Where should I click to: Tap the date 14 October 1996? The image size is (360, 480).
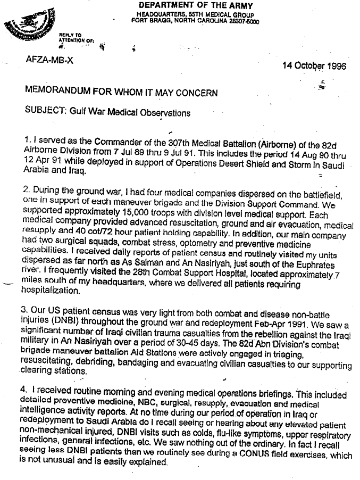314,67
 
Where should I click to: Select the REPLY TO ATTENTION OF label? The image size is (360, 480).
73,37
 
